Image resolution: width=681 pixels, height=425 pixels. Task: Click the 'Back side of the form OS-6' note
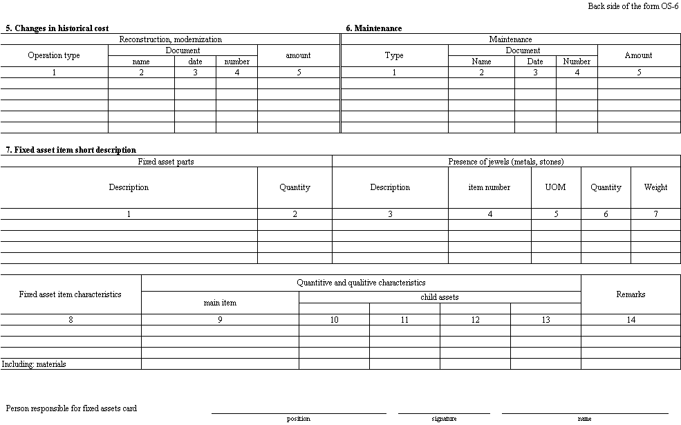pyautogui.click(x=633, y=6)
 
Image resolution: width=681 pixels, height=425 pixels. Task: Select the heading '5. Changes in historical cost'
pyautogui.click(x=57, y=28)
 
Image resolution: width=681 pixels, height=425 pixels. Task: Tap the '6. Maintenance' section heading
pyautogui.click(x=374, y=28)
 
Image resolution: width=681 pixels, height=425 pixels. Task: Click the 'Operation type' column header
pyautogui.click(x=54, y=55)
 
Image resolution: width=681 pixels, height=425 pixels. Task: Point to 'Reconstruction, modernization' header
pyautogui.click(x=171, y=39)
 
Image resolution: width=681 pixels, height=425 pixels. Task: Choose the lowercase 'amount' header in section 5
pyautogui.click(x=299, y=55)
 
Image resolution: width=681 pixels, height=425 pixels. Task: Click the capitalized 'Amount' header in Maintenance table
pyautogui.click(x=638, y=55)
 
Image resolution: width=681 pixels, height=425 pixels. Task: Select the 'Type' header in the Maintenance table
pyautogui.click(x=394, y=55)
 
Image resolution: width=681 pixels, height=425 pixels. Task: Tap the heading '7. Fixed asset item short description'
pyautogui.click(x=71, y=150)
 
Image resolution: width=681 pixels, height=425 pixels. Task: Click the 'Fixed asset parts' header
pyautogui.click(x=166, y=162)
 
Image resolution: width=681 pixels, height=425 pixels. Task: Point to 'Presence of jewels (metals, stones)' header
pyautogui.click(x=506, y=162)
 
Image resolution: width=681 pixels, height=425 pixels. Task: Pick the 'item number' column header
pyautogui.click(x=489, y=187)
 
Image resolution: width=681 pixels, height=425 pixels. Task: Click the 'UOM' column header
pyautogui.click(x=556, y=187)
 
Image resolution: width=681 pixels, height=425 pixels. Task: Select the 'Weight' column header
pyautogui.click(x=655, y=187)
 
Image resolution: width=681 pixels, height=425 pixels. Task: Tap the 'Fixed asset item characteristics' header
pyautogui.click(x=71, y=294)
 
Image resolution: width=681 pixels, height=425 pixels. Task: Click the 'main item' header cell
pyautogui.click(x=220, y=303)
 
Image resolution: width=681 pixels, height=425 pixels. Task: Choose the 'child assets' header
pyautogui.click(x=440, y=297)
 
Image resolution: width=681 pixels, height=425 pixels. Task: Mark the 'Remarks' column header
pyautogui.click(x=631, y=294)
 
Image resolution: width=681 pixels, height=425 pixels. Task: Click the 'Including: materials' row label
pyautogui.click(x=35, y=364)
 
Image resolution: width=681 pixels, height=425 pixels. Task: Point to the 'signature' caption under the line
pyautogui.click(x=444, y=419)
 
